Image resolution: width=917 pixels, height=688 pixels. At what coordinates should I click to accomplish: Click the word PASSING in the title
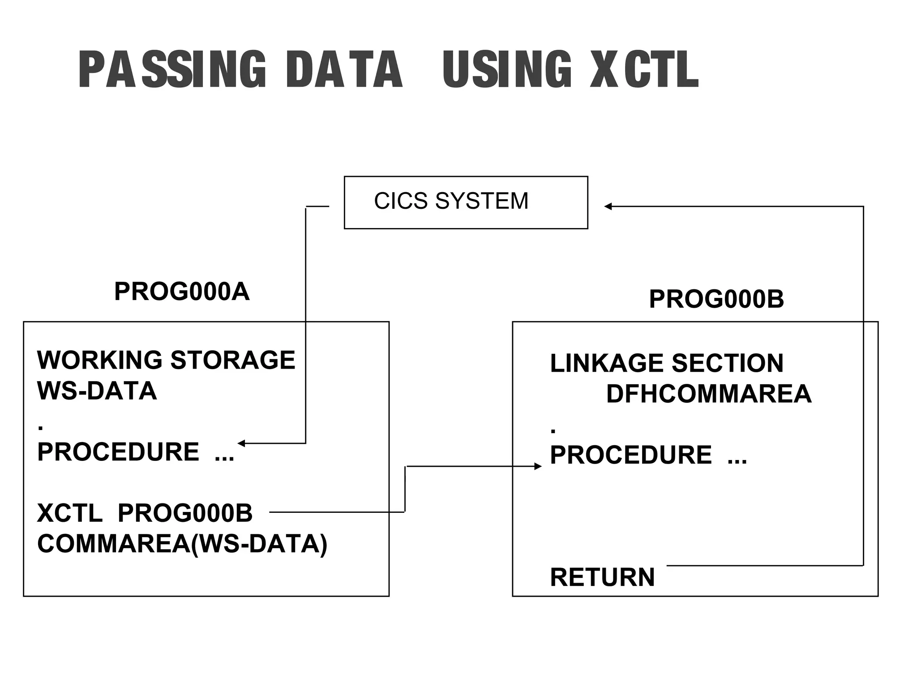pos(172,69)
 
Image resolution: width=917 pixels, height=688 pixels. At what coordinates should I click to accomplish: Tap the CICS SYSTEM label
pos(451,201)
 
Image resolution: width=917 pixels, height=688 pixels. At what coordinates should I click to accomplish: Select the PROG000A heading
pos(182,292)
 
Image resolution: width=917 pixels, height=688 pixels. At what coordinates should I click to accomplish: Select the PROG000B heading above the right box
pos(716,299)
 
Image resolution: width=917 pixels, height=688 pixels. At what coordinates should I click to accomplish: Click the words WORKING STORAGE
pos(166,360)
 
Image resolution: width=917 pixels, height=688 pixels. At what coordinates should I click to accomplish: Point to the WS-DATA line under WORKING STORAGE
pos(97,391)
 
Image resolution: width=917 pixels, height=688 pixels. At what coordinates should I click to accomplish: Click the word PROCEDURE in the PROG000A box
pos(118,452)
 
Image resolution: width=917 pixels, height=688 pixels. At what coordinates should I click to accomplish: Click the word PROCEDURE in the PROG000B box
pos(631,455)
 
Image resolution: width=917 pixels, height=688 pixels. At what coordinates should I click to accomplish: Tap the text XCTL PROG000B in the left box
pos(145,513)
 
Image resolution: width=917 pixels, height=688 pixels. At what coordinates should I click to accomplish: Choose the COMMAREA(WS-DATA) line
pos(182,544)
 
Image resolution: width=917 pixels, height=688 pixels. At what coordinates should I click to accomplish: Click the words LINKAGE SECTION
pos(667,363)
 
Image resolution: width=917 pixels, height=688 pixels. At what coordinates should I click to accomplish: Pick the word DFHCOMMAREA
pos(709,394)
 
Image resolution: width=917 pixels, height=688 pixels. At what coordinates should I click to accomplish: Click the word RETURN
pos(602,577)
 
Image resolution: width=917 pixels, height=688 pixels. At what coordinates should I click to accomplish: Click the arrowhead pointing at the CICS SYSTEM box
pos(608,206)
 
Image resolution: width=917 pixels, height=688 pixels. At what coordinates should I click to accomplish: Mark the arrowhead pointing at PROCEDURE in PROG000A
pos(241,443)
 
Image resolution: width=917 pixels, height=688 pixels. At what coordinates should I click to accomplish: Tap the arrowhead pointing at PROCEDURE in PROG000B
pos(538,466)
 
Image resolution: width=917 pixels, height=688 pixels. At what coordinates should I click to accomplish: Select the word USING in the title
pos(507,69)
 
